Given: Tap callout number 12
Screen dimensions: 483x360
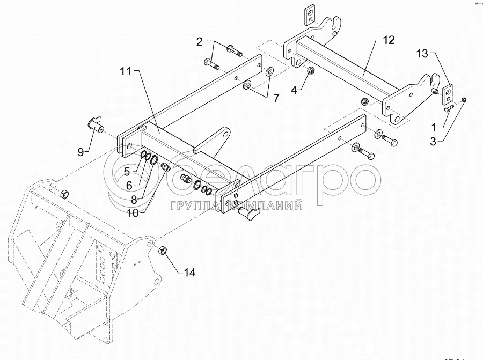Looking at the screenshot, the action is click(x=389, y=40).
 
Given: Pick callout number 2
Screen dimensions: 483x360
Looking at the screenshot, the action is click(x=199, y=41).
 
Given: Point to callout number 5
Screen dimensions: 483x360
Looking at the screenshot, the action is click(x=127, y=172).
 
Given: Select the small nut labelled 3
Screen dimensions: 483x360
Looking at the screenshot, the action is click(x=464, y=99).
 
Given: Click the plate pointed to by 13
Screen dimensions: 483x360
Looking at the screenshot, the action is click(x=446, y=93).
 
